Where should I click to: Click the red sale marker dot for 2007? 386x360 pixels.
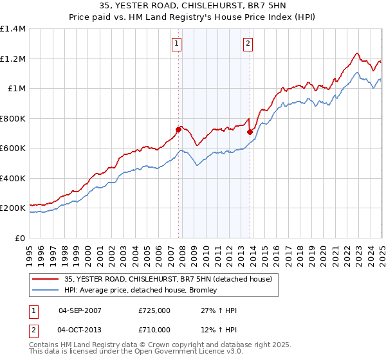click(178, 130)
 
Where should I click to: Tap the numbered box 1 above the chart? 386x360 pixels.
click(176, 44)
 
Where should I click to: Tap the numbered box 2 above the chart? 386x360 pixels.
click(248, 44)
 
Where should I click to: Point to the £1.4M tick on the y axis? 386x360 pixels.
click(12, 29)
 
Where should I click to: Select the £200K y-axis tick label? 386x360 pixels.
click(12, 208)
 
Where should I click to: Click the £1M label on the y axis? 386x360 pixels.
click(17, 89)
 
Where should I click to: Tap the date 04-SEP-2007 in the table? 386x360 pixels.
click(80, 310)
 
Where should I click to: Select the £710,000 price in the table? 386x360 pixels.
click(154, 330)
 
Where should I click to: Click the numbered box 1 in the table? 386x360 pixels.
click(33, 310)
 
